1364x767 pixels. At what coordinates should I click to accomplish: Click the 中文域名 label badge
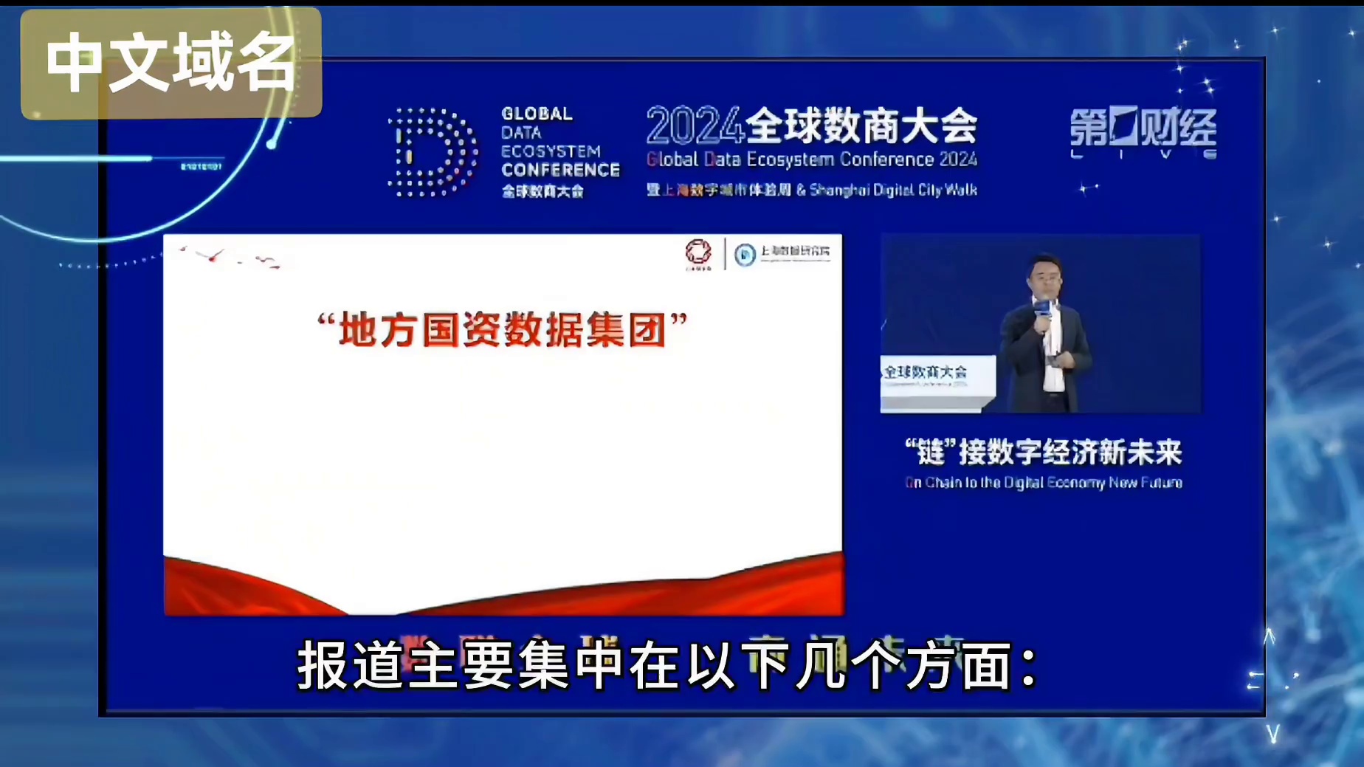pos(171,63)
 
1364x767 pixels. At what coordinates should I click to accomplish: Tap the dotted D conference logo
pos(433,153)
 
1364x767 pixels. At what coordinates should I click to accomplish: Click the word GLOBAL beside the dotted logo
pos(537,114)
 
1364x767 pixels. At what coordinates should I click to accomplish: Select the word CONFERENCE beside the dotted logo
pos(560,170)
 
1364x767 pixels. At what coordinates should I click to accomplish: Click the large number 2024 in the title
pos(694,126)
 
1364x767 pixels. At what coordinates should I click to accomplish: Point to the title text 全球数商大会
pos(861,126)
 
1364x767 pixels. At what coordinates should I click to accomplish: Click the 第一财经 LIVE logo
pos(1143,133)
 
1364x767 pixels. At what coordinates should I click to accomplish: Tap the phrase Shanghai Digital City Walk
pos(893,190)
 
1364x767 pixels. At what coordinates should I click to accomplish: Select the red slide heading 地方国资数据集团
pos(502,329)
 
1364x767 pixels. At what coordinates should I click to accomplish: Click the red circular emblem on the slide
pos(698,252)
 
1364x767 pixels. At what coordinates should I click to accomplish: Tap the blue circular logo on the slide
pos(745,255)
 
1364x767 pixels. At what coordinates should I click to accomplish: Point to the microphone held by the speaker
pos(1042,310)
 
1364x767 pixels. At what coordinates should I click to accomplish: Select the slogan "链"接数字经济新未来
pos(1043,453)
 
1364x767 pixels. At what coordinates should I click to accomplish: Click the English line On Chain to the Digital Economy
pos(1043,483)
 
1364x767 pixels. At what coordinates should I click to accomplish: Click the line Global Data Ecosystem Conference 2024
pos(811,159)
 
